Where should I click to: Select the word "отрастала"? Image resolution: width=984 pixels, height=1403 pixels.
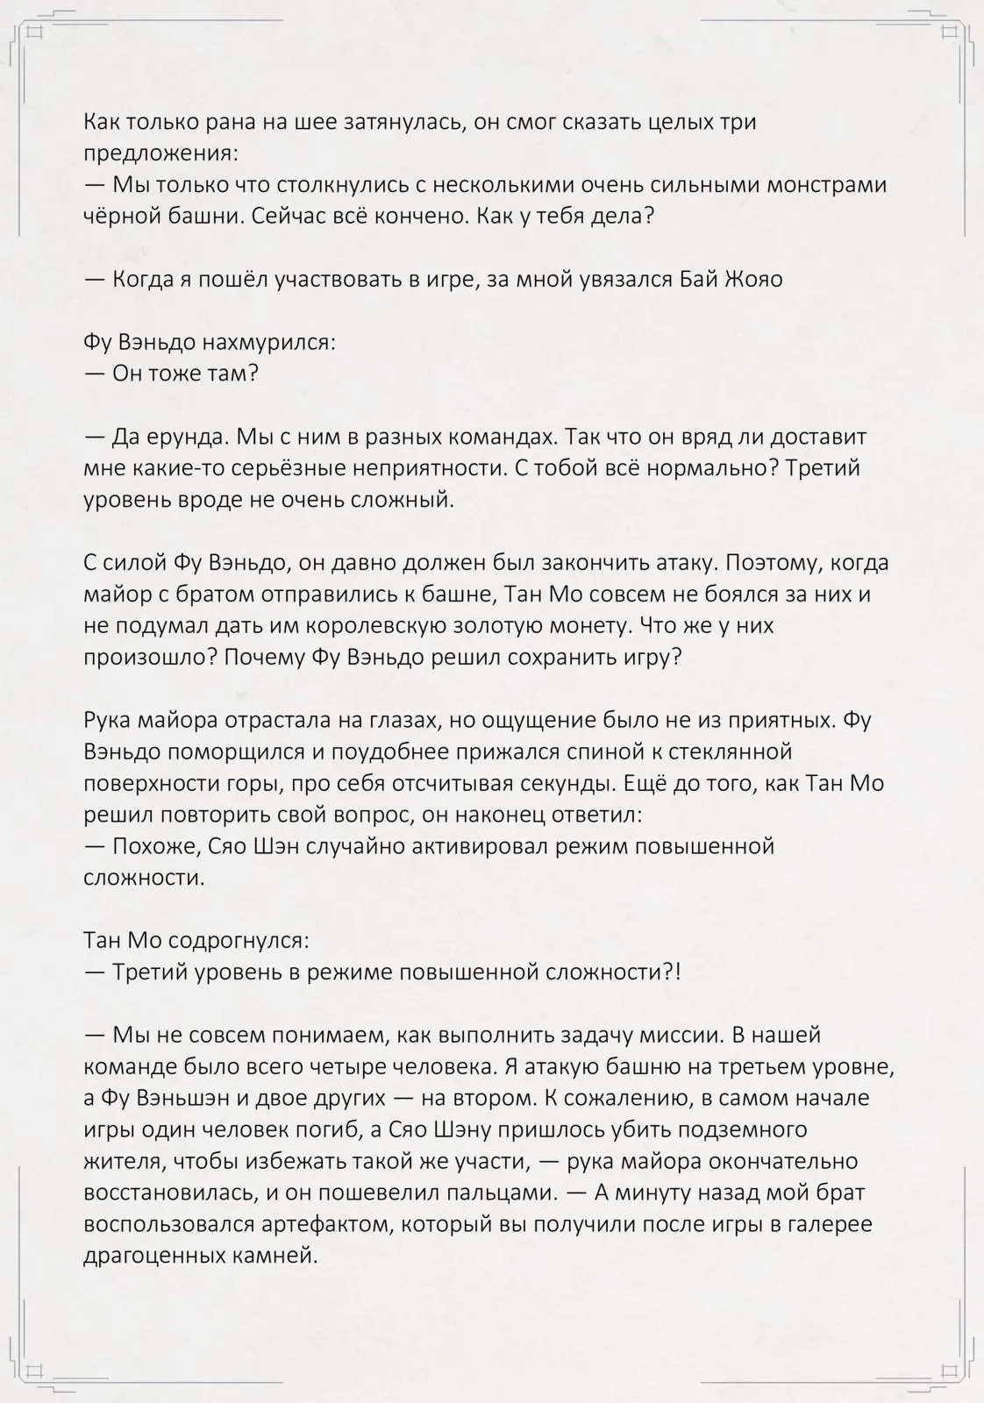[271, 720]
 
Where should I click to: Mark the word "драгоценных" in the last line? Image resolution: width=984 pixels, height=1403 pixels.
[159, 1256]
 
